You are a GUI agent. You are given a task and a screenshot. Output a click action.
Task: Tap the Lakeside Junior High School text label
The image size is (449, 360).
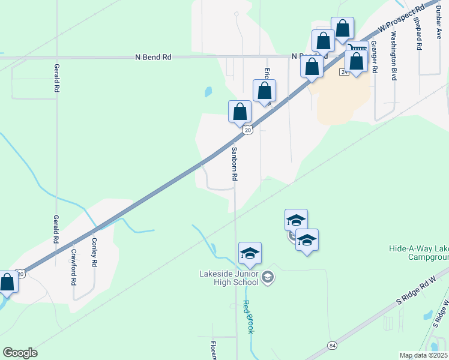pos(229,279)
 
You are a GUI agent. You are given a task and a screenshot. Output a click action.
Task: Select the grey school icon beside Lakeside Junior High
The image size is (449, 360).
pos(268,277)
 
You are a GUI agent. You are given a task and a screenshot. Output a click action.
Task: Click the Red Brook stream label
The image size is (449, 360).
pos(249,317)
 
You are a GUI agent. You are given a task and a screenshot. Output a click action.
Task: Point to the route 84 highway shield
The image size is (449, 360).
pos(332,345)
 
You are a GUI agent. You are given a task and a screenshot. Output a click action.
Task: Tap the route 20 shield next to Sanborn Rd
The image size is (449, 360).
pos(247,130)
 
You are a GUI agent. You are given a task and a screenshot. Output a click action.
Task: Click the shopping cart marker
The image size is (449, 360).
pos(358,47)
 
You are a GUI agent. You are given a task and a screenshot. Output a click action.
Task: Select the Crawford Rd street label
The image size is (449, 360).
pos(74,267)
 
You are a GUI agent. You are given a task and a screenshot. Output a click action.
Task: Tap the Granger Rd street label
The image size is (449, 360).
pos(374,57)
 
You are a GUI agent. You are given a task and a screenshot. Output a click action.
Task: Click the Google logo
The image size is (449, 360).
pos(20,353)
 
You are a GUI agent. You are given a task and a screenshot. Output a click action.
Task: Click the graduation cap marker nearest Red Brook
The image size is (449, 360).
pos(250,254)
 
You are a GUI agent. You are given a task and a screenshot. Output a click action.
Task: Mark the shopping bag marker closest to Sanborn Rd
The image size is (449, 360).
pos(240,112)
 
